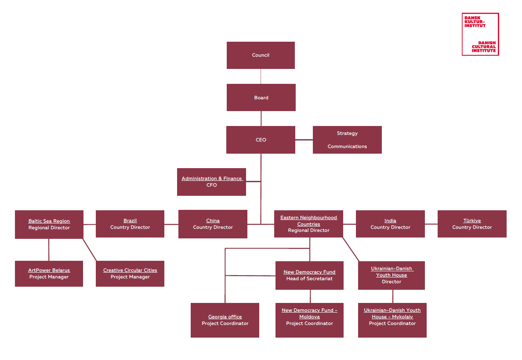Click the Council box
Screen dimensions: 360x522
[261, 55]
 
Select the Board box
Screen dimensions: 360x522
[261, 97]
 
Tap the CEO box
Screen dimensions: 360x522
[261, 140]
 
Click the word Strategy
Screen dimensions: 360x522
[347, 133]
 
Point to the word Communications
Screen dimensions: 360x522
[347, 147]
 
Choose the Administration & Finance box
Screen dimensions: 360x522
[211, 182]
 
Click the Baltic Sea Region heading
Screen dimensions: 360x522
[49, 221]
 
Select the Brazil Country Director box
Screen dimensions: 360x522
[130, 224]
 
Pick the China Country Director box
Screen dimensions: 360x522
[213, 224]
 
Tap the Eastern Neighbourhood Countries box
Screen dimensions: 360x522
[308, 224]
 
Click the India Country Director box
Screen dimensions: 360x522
[390, 224]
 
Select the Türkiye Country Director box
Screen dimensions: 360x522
[472, 224]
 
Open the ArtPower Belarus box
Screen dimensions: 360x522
[49, 274]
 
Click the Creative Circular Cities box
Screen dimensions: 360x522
[130, 274]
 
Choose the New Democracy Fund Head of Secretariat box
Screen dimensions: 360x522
[309, 275]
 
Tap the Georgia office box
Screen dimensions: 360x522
[225, 320]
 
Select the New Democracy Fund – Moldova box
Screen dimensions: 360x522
[309, 320]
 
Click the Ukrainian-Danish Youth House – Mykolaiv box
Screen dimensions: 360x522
[392, 320]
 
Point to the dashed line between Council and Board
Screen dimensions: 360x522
[261, 76]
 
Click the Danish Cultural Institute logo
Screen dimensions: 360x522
[480, 34]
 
